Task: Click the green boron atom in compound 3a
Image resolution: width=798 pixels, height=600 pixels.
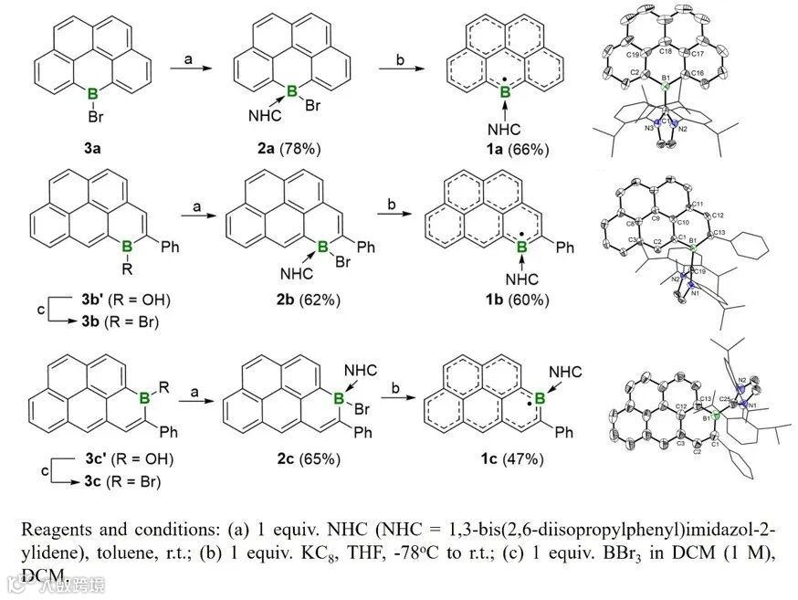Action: coord(90,93)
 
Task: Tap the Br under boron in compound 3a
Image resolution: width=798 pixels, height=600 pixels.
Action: coord(90,117)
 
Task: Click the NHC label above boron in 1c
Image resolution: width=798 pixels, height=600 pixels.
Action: coord(566,370)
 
